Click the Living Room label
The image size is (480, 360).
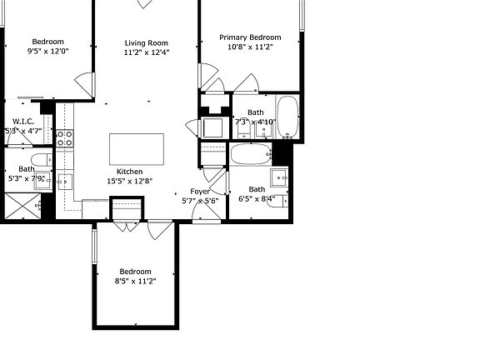[147, 43]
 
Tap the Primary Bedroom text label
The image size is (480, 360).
[250, 37]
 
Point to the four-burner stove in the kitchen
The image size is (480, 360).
[65, 138]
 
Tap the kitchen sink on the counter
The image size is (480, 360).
[65, 181]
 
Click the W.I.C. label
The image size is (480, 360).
[23, 121]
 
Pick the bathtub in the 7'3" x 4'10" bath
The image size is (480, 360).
[287, 117]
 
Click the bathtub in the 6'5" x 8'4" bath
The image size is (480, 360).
[250, 153]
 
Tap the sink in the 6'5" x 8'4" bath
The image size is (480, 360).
[279, 176]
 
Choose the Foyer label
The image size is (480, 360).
[199, 191]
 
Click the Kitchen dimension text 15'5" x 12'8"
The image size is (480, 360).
[130, 181]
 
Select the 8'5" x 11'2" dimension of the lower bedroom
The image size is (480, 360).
[135, 281]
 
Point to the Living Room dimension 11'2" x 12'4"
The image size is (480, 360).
[147, 52]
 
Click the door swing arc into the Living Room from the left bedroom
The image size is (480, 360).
[84, 84]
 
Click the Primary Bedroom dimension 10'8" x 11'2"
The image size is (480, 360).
[250, 47]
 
